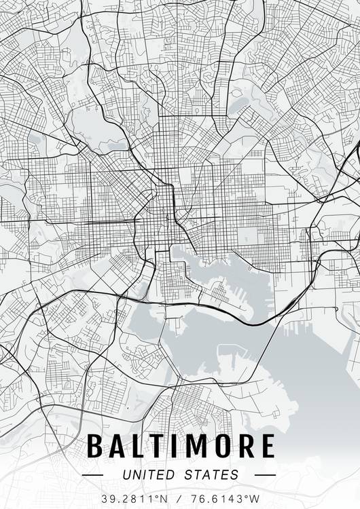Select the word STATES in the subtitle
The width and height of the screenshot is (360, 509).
click(211, 474)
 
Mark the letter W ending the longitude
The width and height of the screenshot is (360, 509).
click(255, 498)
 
